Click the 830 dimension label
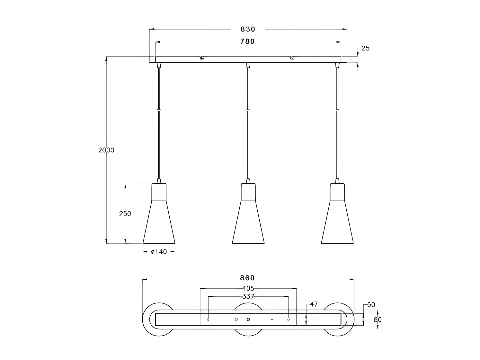pyautogui.click(x=248, y=29)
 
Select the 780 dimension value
pyautogui.click(x=247, y=41)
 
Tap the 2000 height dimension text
pyautogui.click(x=106, y=150)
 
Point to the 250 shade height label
pyautogui.click(x=125, y=214)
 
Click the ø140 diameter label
pyautogui.click(x=159, y=252)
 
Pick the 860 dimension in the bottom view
pyautogui.click(x=247, y=278)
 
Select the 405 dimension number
pyautogui.click(x=248, y=288)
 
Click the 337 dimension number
pyautogui.click(x=248, y=296)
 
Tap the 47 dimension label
pyautogui.click(x=314, y=304)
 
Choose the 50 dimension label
pyautogui.click(x=371, y=305)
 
